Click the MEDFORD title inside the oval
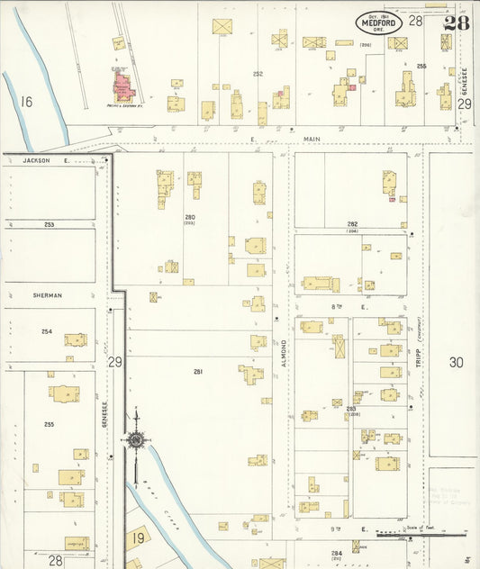pyautogui.click(x=378, y=22)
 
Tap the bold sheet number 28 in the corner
pyautogui.click(x=456, y=23)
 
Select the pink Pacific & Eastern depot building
pyautogui.click(x=122, y=86)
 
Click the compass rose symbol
pyautogui.click(x=135, y=440)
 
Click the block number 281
pyautogui.click(x=198, y=371)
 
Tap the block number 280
pyautogui.click(x=190, y=217)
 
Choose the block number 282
pyautogui.click(x=352, y=223)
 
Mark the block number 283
pyautogui.click(x=350, y=409)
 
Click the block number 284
pyautogui.click(x=336, y=553)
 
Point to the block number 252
pyautogui.click(x=258, y=74)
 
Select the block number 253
pyautogui.click(x=49, y=224)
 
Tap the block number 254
pyautogui.click(x=46, y=331)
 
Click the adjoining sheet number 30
pyautogui.click(x=456, y=362)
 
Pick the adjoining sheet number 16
pyautogui.click(x=26, y=102)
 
